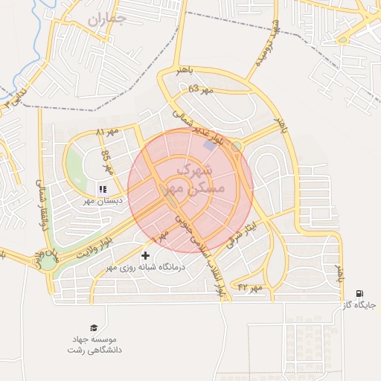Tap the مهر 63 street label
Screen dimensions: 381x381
point(199,89)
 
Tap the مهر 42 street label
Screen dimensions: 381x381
point(250,286)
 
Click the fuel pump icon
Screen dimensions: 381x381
point(360,294)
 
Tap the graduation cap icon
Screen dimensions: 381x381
point(94,327)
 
